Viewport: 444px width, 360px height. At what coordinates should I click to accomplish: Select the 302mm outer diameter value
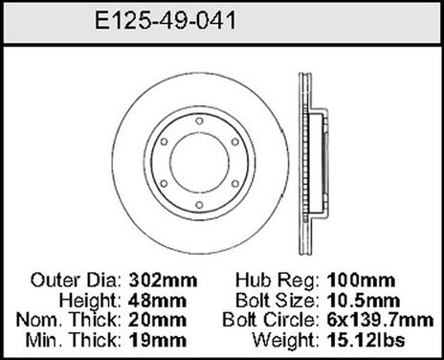pos(156,283)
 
